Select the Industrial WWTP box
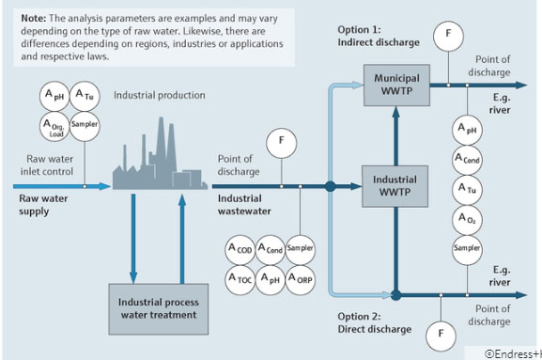click(x=395, y=185)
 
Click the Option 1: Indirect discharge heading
click(x=370, y=36)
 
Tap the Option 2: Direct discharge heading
click(x=374, y=322)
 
